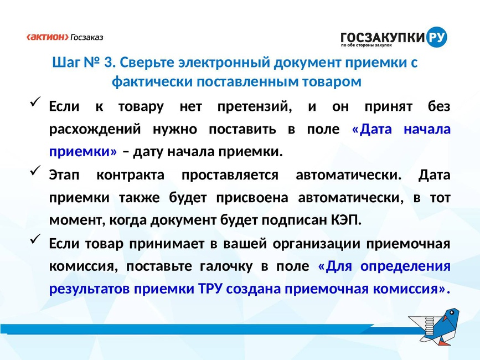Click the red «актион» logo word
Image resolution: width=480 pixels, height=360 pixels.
[x=48, y=37]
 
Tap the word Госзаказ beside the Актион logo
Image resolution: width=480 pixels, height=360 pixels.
[x=87, y=37]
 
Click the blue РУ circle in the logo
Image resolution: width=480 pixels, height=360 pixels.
[x=436, y=37]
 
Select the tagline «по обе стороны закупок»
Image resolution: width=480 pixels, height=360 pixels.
[x=367, y=45]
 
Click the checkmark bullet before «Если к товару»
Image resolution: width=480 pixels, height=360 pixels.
[x=35, y=101]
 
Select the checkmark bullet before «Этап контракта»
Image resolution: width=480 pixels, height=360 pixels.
[x=35, y=169]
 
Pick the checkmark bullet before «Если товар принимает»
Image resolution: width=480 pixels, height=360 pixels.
[x=35, y=238]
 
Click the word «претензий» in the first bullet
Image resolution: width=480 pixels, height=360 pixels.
[x=255, y=107]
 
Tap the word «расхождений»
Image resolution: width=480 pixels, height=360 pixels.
[x=95, y=129]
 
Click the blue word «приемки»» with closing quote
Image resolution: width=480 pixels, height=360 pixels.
[x=83, y=152]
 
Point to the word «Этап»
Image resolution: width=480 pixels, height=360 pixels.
[x=64, y=175]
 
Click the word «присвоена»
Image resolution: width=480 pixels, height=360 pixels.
[x=252, y=198]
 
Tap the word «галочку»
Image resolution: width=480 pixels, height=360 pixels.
[x=226, y=266]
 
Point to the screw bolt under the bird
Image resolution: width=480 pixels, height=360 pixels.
[x=430, y=326]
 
